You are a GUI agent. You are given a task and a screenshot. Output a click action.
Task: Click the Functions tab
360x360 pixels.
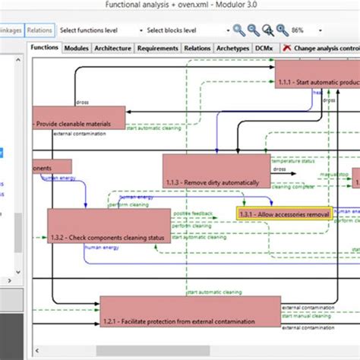click(x=45, y=48)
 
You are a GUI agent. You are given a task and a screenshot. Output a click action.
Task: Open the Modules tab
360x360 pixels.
click(x=77, y=48)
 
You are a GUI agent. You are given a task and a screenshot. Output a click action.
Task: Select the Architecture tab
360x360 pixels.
click(x=113, y=48)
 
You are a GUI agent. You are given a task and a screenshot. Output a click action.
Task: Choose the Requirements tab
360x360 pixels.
click(x=157, y=48)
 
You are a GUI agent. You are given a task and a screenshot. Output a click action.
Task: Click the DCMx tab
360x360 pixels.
click(x=264, y=48)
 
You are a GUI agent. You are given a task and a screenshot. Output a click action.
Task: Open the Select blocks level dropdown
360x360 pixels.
click(x=182, y=30)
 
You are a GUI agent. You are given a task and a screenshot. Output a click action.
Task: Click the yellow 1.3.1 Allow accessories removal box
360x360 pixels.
click(x=284, y=215)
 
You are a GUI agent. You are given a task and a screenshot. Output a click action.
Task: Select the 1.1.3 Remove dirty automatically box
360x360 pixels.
click(x=216, y=171)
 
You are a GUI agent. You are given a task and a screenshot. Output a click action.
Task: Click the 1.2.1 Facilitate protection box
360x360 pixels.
click(x=190, y=311)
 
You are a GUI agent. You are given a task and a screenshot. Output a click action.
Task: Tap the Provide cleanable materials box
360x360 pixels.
click(x=79, y=118)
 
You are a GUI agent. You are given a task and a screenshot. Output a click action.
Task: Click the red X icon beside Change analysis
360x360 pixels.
click(x=286, y=48)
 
